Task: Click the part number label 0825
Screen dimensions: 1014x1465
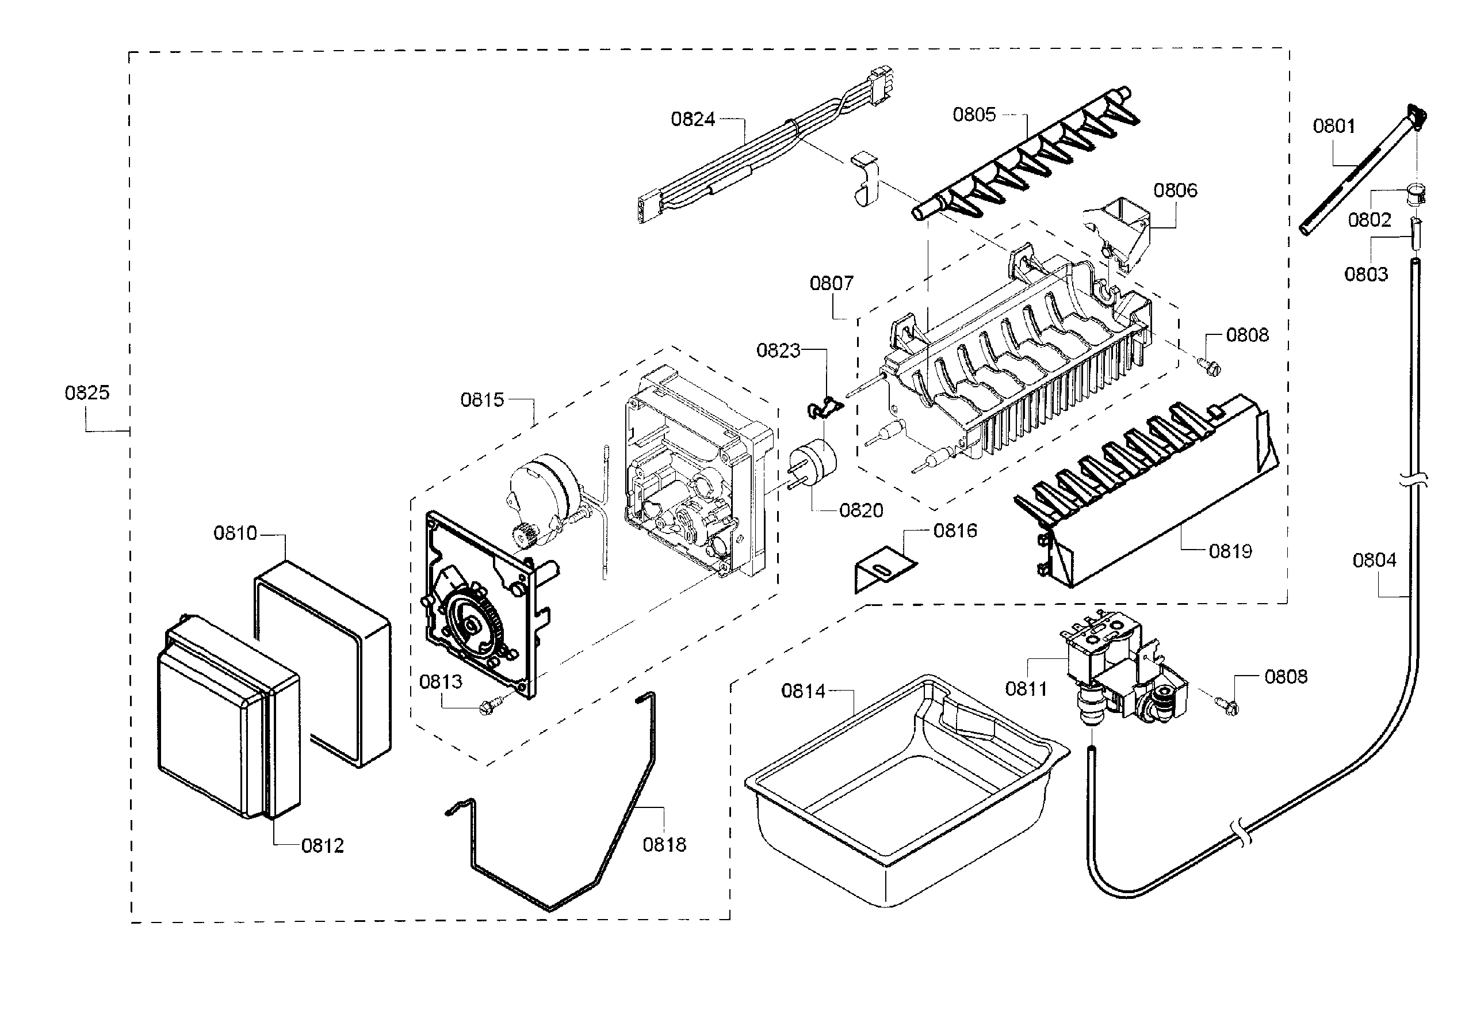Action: point(87,392)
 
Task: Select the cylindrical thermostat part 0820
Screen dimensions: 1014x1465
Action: point(812,463)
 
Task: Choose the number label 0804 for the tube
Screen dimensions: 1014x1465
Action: point(1374,561)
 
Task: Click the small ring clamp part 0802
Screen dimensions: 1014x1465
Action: point(1414,194)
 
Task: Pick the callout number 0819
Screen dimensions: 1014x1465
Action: point(1230,551)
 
